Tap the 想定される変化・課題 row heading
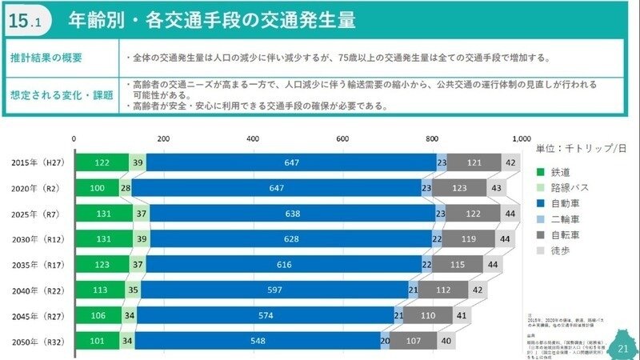coord(62,94)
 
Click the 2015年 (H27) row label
coord(38,163)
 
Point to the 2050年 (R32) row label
coord(38,342)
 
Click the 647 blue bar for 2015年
coord(291,163)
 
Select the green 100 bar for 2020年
coord(97,189)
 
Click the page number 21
coord(623,349)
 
